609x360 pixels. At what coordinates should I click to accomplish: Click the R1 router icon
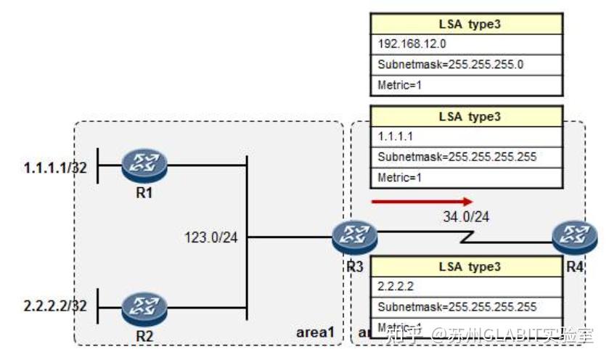tap(144, 166)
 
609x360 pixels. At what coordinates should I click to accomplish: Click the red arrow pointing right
tap(422, 202)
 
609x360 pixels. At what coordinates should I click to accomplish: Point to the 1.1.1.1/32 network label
tap(55, 168)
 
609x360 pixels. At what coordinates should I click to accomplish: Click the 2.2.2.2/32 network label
tap(55, 306)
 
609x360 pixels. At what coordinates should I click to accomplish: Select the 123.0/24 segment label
tap(211, 236)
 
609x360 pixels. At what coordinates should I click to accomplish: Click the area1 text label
tap(316, 332)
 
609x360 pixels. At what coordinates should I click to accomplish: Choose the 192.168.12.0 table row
tap(467, 43)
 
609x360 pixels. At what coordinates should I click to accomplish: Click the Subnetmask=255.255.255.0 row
tap(467, 64)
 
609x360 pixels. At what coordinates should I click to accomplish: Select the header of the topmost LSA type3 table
tap(467, 22)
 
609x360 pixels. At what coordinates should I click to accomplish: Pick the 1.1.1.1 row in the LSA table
tap(467, 136)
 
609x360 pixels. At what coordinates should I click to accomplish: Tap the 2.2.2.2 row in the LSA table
tap(467, 287)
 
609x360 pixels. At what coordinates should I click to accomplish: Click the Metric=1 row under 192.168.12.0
tap(467, 85)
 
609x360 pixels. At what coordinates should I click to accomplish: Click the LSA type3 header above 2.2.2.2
tap(467, 266)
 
